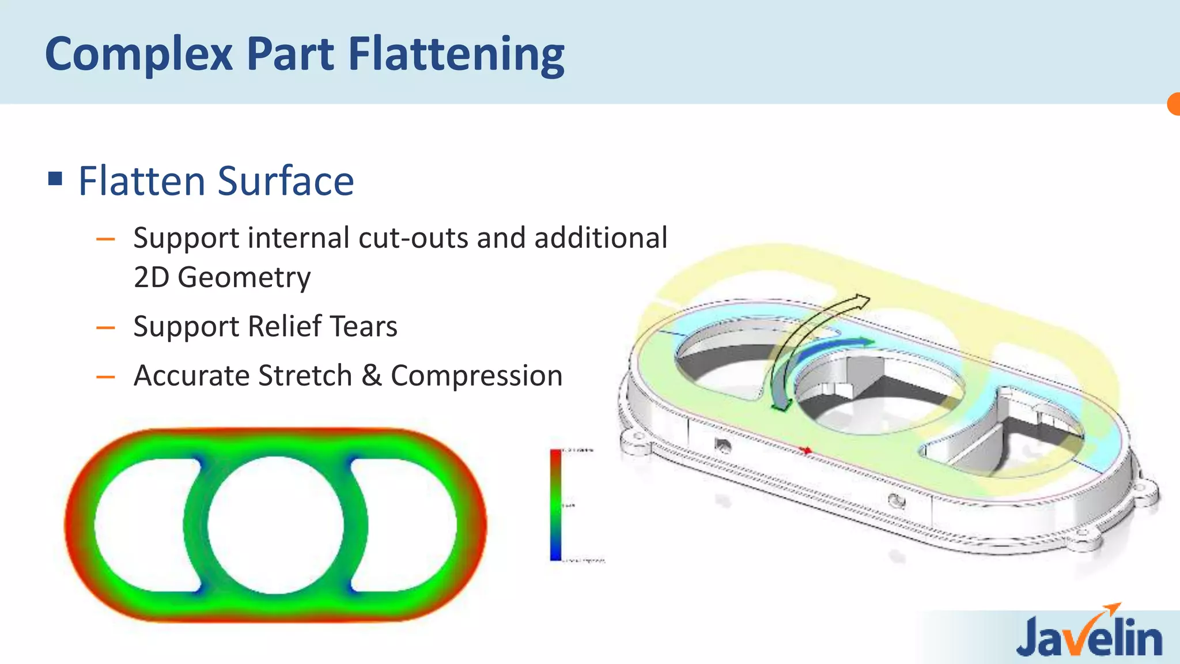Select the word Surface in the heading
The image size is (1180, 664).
pyautogui.click(x=286, y=181)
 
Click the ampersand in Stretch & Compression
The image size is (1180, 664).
pyautogui.click(x=372, y=376)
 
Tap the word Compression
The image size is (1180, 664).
pyautogui.click(x=476, y=376)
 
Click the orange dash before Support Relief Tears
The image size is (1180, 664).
pyautogui.click(x=105, y=328)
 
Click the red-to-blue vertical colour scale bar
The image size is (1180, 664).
pyautogui.click(x=555, y=504)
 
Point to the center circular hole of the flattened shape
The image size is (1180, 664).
pyautogui.click(x=275, y=525)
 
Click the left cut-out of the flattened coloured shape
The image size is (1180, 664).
pyautogui.click(x=144, y=525)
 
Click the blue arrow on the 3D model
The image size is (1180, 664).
pyautogui.click(x=835, y=349)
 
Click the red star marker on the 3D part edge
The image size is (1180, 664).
pyautogui.click(x=807, y=450)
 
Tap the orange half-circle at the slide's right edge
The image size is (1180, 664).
pyautogui.click(x=1174, y=104)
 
